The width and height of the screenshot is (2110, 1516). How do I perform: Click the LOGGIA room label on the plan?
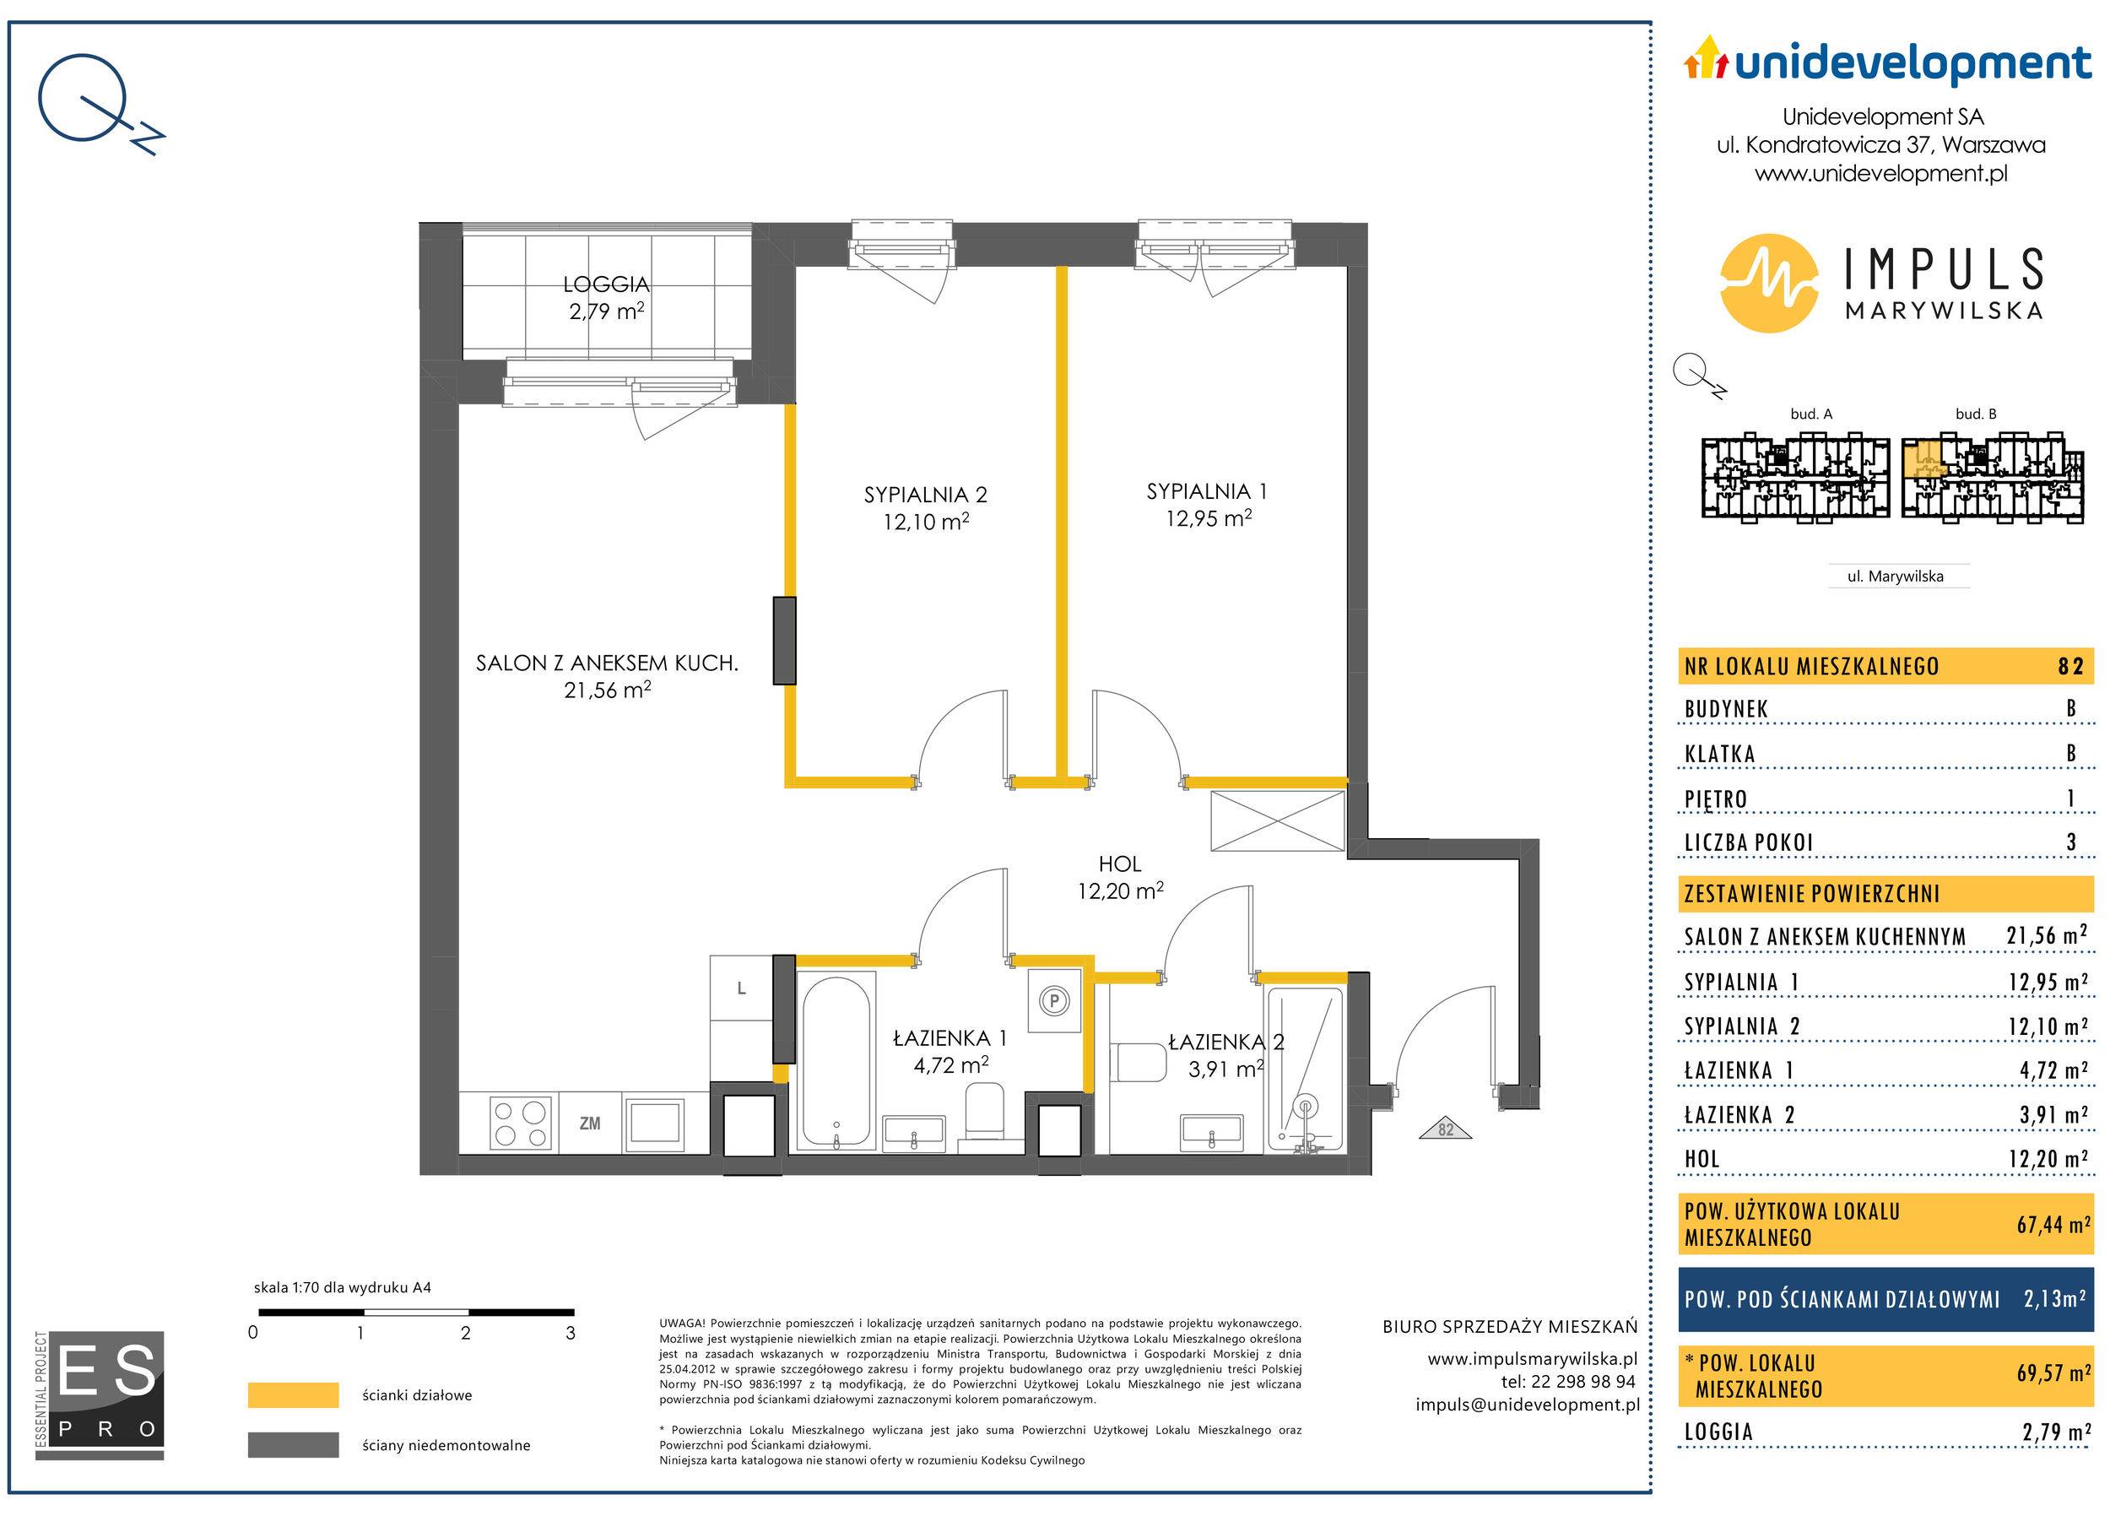click(606, 284)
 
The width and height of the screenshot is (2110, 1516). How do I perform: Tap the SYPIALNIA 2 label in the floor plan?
click(925, 495)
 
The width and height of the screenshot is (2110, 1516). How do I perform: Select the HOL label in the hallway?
click(1119, 864)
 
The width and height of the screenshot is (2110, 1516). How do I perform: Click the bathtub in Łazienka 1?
click(837, 1059)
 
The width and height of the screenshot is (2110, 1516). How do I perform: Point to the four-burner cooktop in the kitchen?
click(520, 1123)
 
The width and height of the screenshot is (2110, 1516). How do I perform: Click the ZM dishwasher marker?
click(590, 1123)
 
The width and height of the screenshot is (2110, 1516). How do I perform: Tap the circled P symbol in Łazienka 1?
click(1054, 1001)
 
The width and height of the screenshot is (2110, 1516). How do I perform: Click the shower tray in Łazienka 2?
click(1304, 1070)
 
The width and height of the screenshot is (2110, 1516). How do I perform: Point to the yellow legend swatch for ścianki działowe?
click(293, 1395)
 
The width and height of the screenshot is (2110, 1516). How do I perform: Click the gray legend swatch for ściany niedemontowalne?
click(293, 1445)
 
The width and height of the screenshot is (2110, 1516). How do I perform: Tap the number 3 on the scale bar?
click(571, 1333)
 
